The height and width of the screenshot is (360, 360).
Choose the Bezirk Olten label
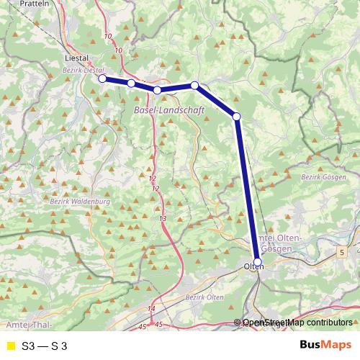pos(205,297)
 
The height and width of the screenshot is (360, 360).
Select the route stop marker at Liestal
pos(102,78)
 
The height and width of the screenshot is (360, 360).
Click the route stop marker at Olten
pos(258,262)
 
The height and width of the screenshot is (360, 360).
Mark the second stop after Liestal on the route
pos(157,90)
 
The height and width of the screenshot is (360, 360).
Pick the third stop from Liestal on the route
pos(194,86)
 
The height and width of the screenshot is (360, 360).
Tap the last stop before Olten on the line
pos(236,116)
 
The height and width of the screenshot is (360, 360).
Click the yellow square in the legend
pos(10,346)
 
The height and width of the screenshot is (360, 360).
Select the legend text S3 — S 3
pos(45,346)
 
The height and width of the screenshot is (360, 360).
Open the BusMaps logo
pos(320,345)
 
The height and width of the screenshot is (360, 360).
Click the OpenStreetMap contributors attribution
pos(297,323)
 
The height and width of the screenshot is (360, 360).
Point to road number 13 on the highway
pos(163,218)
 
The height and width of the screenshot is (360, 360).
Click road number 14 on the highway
pos(151,308)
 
